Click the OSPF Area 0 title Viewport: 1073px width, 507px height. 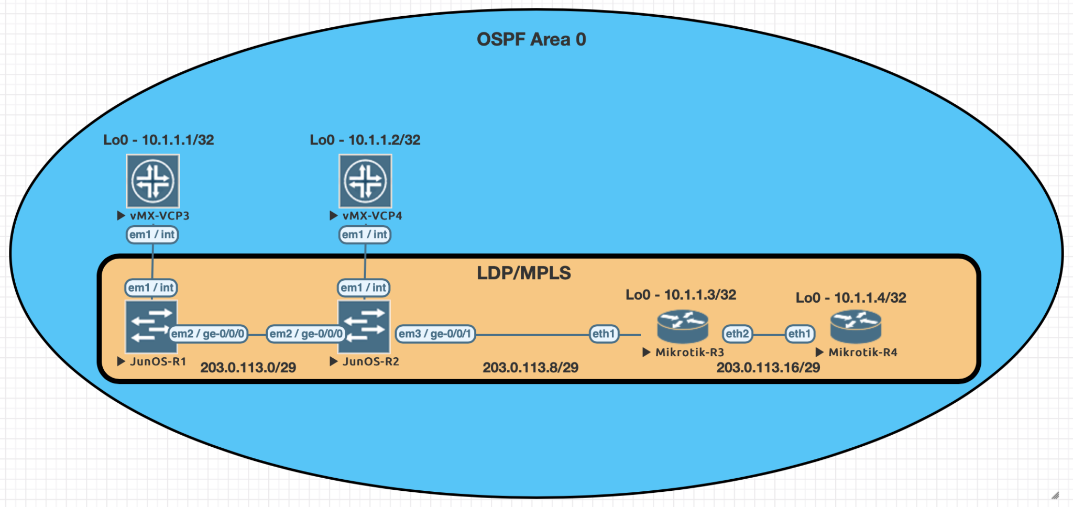click(x=531, y=39)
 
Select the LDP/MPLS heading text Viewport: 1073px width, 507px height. click(x=523, y=273)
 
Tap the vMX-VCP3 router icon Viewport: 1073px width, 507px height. click(x=153, y=181)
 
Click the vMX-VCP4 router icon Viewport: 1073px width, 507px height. click(x=365, y=181)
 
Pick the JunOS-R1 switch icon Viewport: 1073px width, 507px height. click(x=151, y=327)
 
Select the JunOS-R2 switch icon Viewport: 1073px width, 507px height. click(x=364, y=327)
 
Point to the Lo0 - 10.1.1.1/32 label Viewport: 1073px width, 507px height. click(x=158, y=140)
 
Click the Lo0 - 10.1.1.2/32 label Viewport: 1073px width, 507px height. click(x=365, y=140)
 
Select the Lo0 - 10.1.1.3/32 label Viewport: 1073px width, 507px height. click(x=681, y=295)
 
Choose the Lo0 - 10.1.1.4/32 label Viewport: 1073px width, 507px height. click(x=851, y=298)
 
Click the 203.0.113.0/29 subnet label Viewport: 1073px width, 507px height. click(x=248, y=368)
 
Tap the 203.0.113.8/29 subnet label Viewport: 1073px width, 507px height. click(x=530, y=368)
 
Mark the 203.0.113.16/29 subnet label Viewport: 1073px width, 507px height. click(x=768, y=368)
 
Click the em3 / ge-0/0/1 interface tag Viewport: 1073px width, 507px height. click(x=435, y=334)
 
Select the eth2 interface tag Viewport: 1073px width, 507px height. click(x=737, y=334)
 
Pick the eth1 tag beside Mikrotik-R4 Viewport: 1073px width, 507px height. click(x=800, y=334)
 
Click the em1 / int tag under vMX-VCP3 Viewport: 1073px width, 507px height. click(x=152, y=235)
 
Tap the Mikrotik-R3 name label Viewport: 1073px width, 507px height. click(x=689, y=352)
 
